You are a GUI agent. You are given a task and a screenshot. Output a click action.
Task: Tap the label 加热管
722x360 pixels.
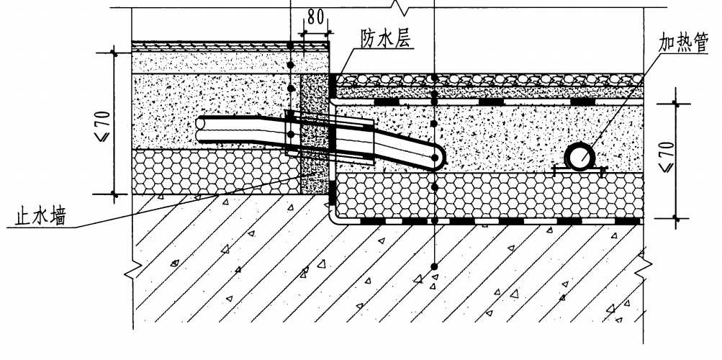click(683, 42)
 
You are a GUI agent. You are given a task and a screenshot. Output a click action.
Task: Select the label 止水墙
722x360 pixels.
click(40, 216)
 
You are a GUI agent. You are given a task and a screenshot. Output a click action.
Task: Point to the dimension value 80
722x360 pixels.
click(315, 17)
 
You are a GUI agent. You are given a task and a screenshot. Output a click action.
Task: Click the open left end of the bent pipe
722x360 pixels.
click(200, 129)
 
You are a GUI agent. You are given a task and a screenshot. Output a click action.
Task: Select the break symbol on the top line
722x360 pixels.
click(397, 6)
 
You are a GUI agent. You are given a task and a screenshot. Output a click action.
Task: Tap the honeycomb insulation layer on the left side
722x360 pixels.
click(216, 171)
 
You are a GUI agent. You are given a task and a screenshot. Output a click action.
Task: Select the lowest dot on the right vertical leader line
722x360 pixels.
click(434, 266)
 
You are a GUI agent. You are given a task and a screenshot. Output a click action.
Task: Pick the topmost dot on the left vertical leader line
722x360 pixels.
click(290, 45)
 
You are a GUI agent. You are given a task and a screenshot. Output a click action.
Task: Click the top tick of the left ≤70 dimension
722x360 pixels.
click(114, 54)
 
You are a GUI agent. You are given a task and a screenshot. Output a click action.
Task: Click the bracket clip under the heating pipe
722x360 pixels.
click(579, 171)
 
